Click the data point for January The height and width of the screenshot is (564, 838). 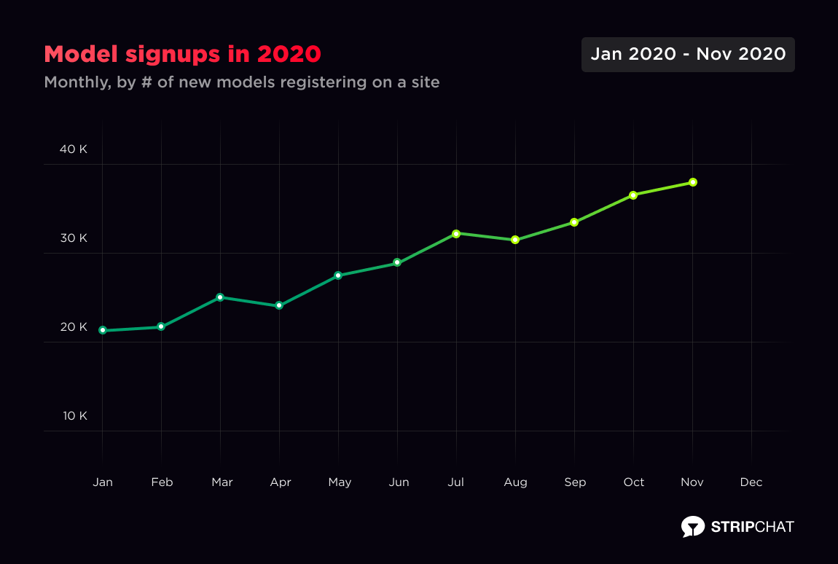pos(103,330)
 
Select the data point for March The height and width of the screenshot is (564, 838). pos(220,297)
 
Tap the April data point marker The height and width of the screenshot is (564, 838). pos(279,306)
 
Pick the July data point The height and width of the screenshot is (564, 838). pos(456,234)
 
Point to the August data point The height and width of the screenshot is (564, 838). pos(515,240)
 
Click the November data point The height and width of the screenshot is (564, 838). pos(693,182)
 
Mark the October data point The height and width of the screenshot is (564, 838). pos(633,195)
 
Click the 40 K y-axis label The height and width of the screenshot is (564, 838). pos(74,149)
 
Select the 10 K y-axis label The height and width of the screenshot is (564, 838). pos(74,416)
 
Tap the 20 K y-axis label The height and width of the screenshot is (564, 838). pos(74,327)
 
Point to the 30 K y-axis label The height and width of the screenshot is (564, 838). pos(74,238)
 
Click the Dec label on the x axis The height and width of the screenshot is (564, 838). pos(751,482)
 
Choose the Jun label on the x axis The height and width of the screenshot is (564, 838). pos(399,482)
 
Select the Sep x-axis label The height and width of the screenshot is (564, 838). pos(575,482)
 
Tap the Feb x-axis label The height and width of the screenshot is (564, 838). pos(162,482)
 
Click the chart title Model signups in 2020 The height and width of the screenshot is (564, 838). pos(182,55)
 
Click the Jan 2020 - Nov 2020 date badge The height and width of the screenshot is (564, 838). pos(688,55)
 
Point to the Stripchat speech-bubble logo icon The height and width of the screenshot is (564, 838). pos(692,526)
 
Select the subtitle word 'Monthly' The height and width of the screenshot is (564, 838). pos(76,82)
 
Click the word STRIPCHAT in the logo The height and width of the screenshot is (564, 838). pos(752,527)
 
